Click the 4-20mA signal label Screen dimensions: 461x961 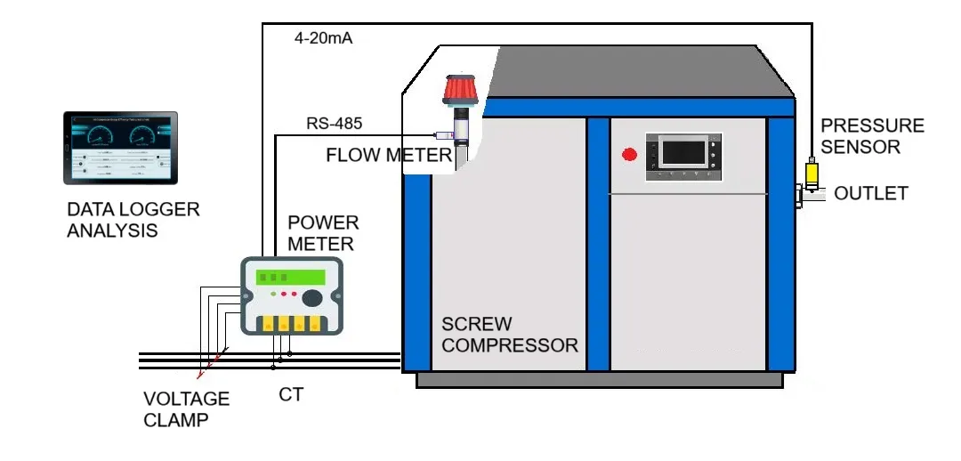323,39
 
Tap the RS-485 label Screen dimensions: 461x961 334,124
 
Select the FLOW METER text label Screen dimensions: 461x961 389,156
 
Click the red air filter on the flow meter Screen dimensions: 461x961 462,90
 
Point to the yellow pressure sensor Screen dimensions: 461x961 812,174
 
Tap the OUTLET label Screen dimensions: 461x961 871,193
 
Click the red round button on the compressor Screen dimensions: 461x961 629,155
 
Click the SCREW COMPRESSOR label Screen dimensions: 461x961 509,335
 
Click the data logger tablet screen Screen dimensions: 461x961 120,148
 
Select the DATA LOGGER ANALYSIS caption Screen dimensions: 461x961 133,220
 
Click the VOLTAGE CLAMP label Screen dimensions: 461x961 186,408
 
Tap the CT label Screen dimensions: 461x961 291,394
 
